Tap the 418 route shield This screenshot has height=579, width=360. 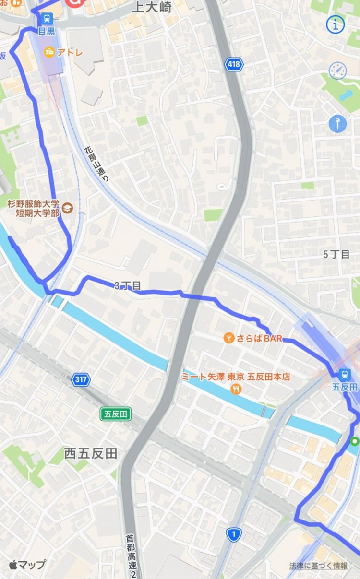tap(234, 64)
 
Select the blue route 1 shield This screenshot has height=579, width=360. tap(234, 534)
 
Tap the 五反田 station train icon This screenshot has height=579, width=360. tap(345, 375)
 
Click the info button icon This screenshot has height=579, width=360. tap(336, 24)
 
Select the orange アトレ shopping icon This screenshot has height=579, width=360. tap(49, 53)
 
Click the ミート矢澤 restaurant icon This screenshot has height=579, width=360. tap(236, 390)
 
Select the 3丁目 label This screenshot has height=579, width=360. tap(128, 286)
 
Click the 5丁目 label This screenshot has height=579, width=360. tap(336, 254)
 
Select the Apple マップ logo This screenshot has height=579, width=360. tap(27, 565)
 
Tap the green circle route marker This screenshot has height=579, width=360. tap(355, 441)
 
